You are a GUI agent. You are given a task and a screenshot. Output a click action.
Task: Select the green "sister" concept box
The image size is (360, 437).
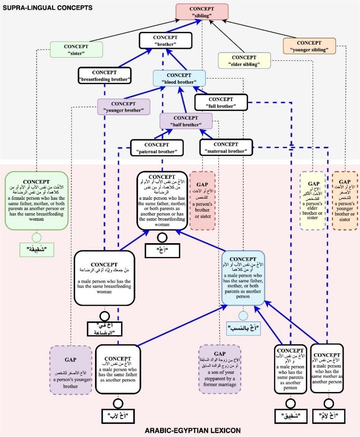pyautogui.click(x=76, y=49)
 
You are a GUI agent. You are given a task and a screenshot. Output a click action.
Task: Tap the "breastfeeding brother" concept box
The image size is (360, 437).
pyautogui.click(x=105, y=75)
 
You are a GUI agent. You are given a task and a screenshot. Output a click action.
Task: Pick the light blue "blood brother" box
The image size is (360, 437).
pyautogui.click(x=179, y=78)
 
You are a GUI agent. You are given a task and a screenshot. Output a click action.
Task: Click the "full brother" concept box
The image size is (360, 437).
pyautogui.click(x=221, y=102)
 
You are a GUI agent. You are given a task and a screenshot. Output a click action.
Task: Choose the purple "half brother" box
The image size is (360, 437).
pyautogui.click(x=186, y=121)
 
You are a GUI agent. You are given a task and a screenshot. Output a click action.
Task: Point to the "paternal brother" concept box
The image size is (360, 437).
pyautogui.click(x=157, y=148)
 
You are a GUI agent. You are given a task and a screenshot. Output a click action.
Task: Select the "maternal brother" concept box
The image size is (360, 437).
pyautogui.click(x=226, y=147)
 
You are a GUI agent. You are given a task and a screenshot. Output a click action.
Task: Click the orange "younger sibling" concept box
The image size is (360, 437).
pyautogui.click(x=309, y=46)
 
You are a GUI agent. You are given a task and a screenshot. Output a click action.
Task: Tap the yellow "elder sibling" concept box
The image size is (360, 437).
pyautogui.click(x=244, y=61)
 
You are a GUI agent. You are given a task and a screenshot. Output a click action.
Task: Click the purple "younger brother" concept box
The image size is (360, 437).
pyautogui.click(x=124, y=107)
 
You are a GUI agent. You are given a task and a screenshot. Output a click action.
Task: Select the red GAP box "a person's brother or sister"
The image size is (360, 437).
pyautogui.click(x=203, y=201)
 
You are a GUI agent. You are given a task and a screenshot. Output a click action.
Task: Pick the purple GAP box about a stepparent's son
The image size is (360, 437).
pyautogui.click(x=219, y=369)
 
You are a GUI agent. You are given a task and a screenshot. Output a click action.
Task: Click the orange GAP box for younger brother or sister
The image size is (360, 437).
pyautogui.click(x=345, y=201)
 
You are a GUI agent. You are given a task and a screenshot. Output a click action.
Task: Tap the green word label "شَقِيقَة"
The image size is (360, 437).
pyautogui.click(x=36, y=249)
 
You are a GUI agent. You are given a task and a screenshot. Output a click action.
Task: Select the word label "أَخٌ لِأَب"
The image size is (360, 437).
pyautogui.click(x=118, y=415)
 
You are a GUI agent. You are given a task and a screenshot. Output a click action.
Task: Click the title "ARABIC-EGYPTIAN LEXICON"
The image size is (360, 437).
pyautogui.click(x=192, y=431)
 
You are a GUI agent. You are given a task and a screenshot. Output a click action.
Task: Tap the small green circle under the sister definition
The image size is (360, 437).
pyautogui.click(x=36, y=236)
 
